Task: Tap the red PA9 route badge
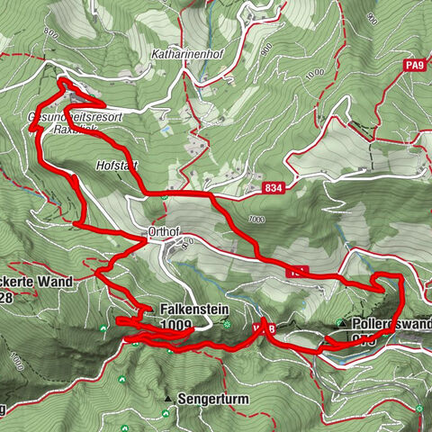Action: (413, 65)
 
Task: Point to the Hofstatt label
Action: (114, 166)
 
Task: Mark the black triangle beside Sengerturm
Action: (168, 396)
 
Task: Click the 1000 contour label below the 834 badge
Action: (259, 219)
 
